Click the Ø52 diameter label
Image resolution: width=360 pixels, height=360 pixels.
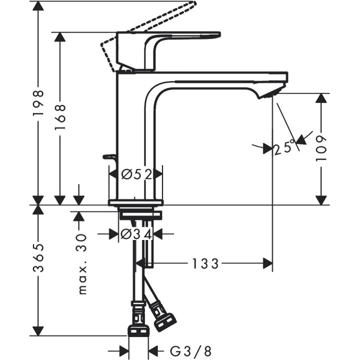click(136, 174)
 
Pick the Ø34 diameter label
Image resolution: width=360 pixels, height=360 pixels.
click(136, 233)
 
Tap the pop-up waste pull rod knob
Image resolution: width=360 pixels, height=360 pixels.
click(108, 157)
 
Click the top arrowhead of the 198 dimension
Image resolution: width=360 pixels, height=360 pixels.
click(38, 6)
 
